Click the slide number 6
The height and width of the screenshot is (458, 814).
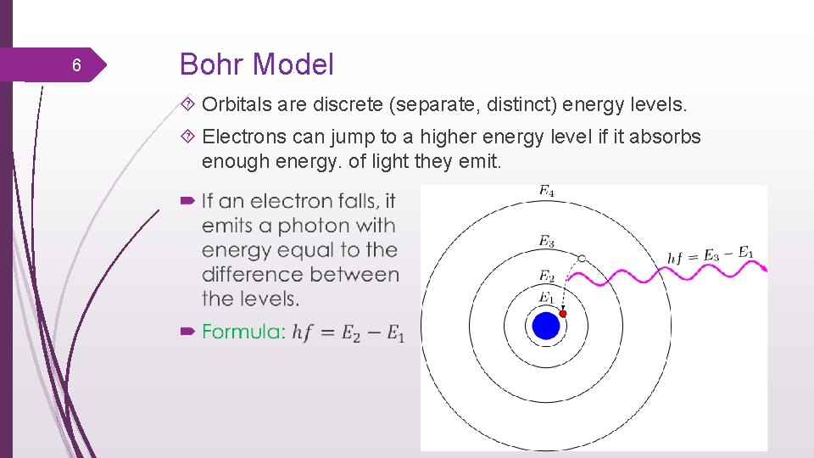pos(76,66)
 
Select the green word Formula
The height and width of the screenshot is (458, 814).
pos(243,332)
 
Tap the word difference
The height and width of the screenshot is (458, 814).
pos(253,275)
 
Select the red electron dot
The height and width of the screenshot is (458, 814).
pos(562,314)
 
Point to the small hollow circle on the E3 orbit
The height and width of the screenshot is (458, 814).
pos(582,258)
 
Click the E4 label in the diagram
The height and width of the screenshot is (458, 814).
pos(547,192)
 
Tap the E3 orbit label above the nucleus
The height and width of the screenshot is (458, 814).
pos(547,242)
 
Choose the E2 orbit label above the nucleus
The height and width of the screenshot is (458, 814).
pos(547,276)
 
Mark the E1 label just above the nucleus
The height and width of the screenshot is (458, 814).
pos(547,297)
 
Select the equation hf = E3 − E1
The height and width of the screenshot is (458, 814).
pos(711,254)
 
